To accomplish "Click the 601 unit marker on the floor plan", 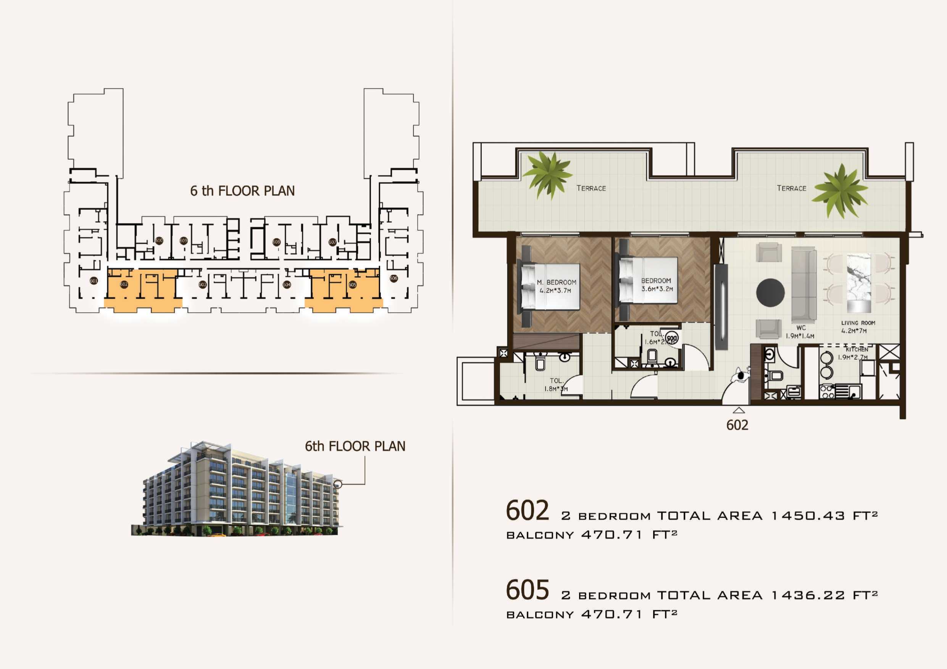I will [x=94, y=281].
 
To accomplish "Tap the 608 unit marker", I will [x=276, y=242].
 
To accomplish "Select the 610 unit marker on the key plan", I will [x=159, y=240].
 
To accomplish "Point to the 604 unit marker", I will [x=287, y=285].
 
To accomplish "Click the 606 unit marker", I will [x=394, y=278].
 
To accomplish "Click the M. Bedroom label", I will [x=557, y=282].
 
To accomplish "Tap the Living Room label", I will [x=858, y=323].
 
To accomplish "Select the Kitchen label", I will [x=857, y=349].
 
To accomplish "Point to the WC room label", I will [x=801, y=328].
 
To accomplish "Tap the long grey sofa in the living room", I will [x=803, y=285].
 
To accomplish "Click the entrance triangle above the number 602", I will [x=738, y=410].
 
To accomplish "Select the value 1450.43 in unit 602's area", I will [x=808, y=516].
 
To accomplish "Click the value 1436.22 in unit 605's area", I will [x=808, y=595].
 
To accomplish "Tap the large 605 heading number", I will [x=527, y=590].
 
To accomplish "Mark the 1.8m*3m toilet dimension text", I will [x=556, y=389].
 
